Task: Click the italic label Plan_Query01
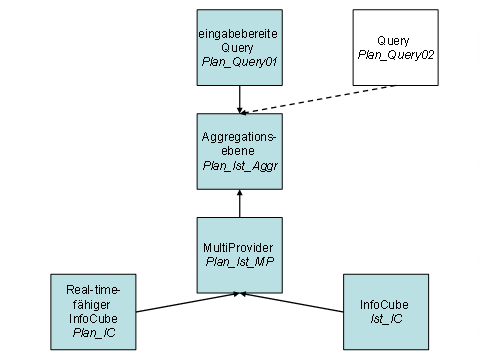point(239,62)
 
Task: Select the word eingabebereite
point(238,34)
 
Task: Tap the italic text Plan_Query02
point(396,55)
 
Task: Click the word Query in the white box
point(393,41)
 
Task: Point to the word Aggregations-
point(239,137)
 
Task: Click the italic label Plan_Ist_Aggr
point(240,166)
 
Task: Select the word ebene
point(238,151)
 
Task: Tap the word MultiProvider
point(238,248)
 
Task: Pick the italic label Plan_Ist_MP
point(240,262)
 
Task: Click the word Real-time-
point(93,290)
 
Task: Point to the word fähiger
point(91,304)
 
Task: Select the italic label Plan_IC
point(94,333)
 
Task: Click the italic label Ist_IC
point(386,319)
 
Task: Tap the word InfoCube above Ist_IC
point(384,305)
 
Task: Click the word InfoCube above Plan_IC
point(93,319)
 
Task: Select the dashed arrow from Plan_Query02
point(317,100)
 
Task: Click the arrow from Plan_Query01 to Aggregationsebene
point(240,100)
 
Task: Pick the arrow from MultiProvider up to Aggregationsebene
point(240,204)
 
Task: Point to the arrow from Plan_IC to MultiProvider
point(188,303)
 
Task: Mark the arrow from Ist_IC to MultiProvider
point(292,303)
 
